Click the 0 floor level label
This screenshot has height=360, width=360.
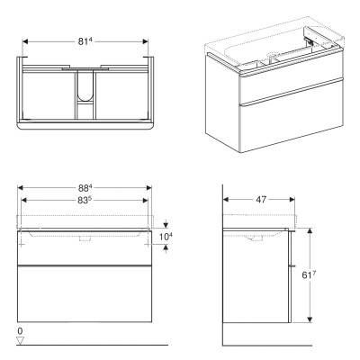pos(20,332)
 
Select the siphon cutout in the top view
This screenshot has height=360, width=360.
pos(86,94)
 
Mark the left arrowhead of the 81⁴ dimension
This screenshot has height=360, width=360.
pos(24,41)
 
